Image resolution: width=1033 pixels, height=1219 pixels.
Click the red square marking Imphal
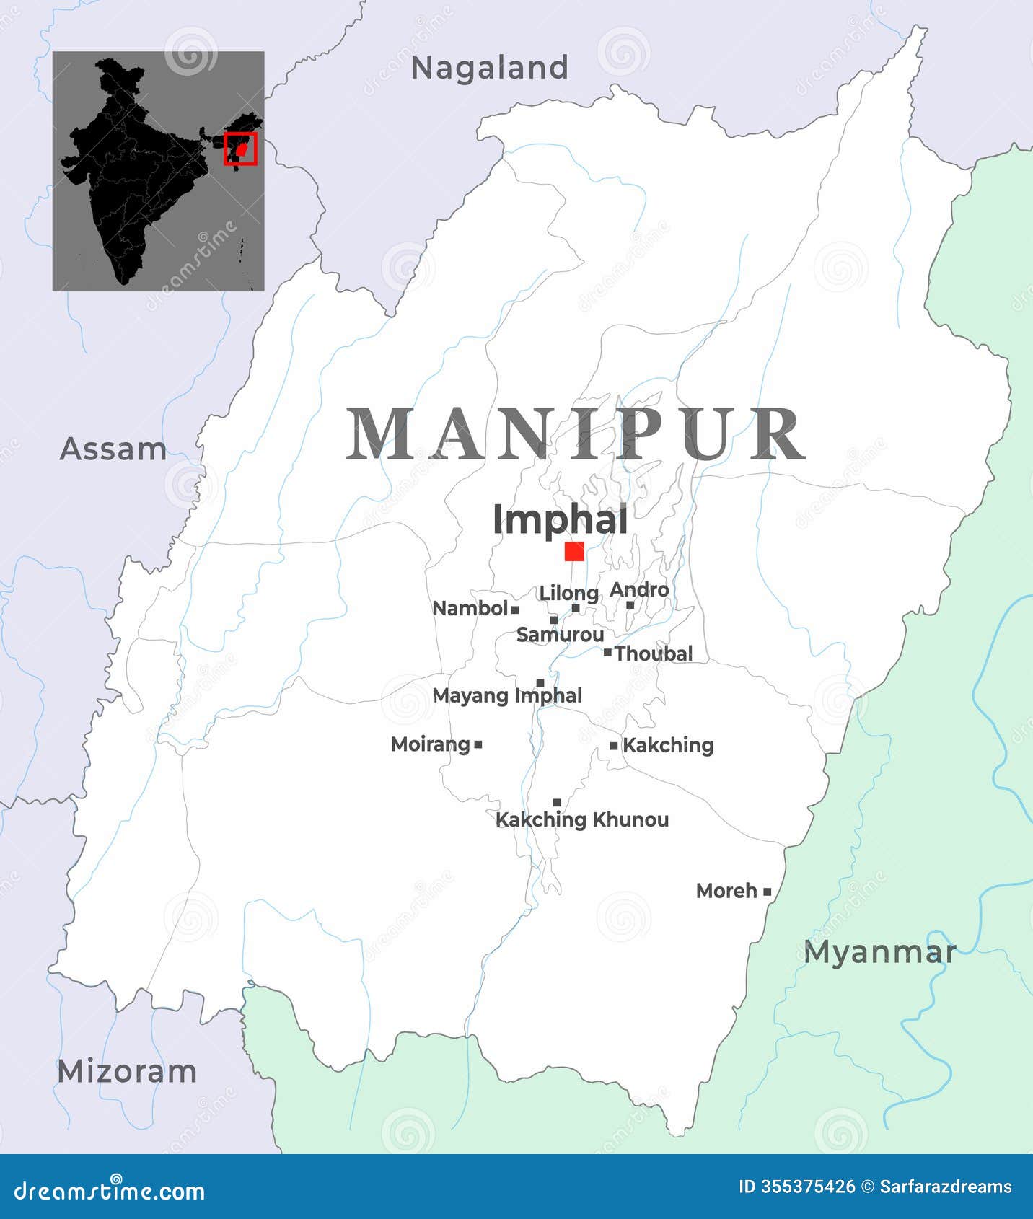(574, 552)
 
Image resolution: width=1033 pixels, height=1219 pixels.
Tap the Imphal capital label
(560, 520)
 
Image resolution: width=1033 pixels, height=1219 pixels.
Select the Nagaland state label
(490, 68)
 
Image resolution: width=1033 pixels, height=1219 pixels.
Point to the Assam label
(113, 449)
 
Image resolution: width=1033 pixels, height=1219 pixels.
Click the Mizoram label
(127, 1071)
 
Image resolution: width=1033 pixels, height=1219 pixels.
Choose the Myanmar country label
(880, 952)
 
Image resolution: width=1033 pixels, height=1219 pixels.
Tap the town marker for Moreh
(767, 892)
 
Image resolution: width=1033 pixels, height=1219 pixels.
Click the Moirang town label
(430, 744)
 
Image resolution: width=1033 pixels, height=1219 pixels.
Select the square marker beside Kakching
(614, 746)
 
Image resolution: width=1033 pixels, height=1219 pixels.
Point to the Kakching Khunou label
(582, 819)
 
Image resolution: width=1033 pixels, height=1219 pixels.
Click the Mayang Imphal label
(507, 695)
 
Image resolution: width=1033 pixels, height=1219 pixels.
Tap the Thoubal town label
(654, 653)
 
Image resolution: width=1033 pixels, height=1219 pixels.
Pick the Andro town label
(639, 590)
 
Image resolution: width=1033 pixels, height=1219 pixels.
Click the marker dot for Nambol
(515, 609)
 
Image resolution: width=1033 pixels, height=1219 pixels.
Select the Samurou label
(561, 635)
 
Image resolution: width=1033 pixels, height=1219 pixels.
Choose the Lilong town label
(569, 594)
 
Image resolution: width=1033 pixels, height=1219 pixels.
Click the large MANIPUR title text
(575, 434)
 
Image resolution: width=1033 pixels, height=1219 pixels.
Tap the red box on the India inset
(240, 149)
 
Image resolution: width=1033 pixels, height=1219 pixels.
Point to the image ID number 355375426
(808, 1187)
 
